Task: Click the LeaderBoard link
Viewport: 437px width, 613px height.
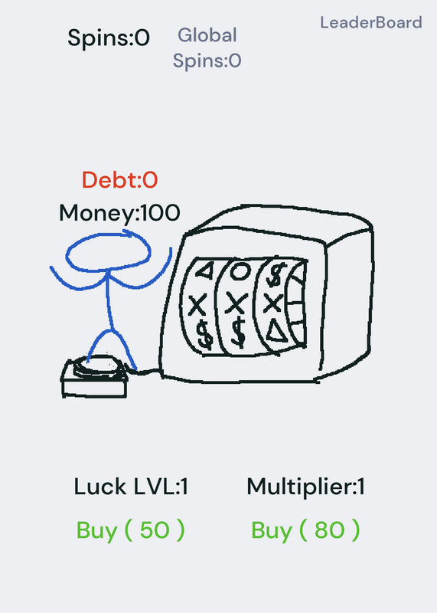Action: [371, 23]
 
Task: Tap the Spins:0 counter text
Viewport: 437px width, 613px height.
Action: [109, 38]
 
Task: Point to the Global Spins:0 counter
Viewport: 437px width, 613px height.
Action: [207, 48]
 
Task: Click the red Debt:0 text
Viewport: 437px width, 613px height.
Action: [119, 180]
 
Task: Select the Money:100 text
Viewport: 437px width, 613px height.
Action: [119, 213]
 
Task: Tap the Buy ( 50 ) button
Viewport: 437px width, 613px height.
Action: [130, 530]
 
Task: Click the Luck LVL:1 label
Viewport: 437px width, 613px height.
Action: [131, 487]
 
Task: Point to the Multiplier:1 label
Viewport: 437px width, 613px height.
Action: [306, 487]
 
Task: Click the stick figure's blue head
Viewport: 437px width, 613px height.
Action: [108, 251]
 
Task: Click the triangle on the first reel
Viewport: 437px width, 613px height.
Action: [204, 270]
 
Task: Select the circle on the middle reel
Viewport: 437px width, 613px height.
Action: [240, 271]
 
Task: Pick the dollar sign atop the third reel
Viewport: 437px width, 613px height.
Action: [276, 274]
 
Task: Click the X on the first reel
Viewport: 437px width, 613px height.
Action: [197, 305]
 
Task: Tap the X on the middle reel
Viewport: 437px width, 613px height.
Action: [236, 303]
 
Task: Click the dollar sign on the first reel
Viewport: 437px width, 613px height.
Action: [204, 333]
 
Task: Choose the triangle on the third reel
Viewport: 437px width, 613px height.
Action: [278, 330]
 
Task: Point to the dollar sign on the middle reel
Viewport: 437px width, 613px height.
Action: [238, 333]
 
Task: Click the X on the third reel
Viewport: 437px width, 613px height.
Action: [273, 303]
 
